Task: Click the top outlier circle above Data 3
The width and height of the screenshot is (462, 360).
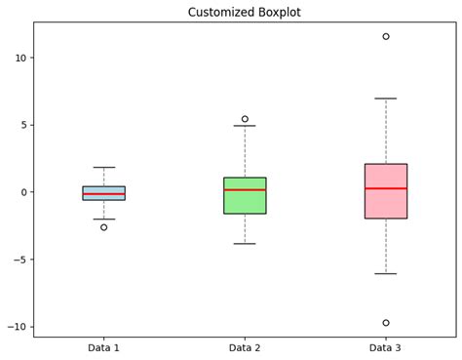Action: [x=386, y=36]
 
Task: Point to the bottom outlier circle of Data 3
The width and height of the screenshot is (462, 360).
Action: [x=386, y=323]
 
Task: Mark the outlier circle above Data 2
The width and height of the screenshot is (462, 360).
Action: [x=245, y=119]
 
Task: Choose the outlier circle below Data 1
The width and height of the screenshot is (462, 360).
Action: [x=103, y=227]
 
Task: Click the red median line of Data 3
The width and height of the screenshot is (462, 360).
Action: [x=386, y=188]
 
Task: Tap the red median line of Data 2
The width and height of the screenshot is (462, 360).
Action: [x=245, y=189]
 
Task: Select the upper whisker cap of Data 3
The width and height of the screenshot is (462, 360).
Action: [x=386, y=99]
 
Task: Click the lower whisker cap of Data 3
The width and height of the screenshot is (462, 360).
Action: [x=386, y=274]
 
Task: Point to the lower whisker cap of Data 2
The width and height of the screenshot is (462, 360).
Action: [x=245, y=244]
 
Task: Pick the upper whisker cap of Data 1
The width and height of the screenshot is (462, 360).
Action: [x=103, y=168]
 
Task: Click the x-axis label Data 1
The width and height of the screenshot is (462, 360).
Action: [x=103, y=347]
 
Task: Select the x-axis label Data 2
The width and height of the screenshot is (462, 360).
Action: [x=245, y=347]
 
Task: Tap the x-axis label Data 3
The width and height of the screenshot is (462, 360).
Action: [x=386, y=347]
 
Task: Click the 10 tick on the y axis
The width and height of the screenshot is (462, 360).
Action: [x=21, y=58]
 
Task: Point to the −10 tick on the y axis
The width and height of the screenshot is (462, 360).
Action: [x=18, y=327]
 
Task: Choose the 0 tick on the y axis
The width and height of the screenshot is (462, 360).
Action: [x=24, y=192]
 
